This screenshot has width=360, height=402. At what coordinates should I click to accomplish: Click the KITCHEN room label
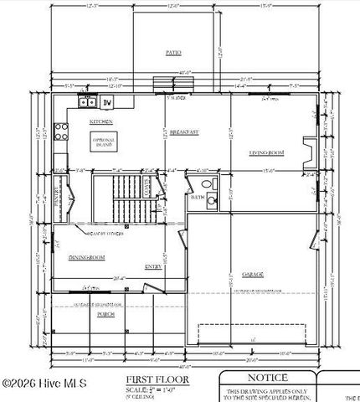tap(101, 122)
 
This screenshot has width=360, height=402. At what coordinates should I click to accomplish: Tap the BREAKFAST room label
tap(183, 132)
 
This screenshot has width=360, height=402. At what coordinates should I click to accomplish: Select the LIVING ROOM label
tap(267, 152)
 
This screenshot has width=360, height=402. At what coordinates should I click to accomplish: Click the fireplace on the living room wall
tap(310, 153)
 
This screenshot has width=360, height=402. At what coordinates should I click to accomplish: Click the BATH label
tap(197, 198)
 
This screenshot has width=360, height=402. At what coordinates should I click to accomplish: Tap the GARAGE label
tap(254, 274)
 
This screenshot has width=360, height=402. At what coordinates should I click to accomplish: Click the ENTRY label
tap(153, 267)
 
